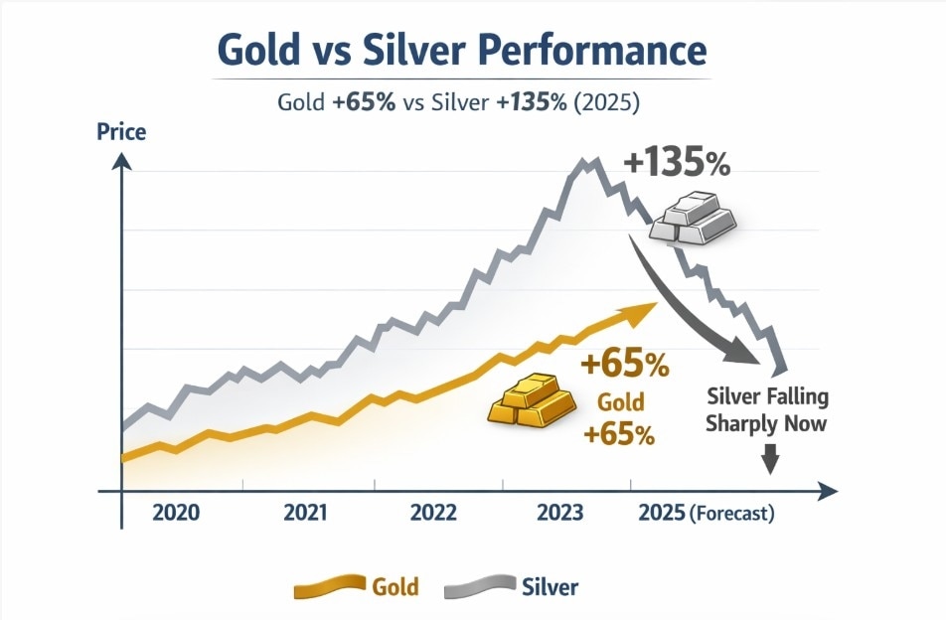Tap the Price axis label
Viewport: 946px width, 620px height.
pos(121,132)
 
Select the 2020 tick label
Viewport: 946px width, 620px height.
pos(176,514)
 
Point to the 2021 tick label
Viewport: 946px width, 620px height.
pos(306,514)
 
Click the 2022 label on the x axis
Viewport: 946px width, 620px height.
pos(433,514)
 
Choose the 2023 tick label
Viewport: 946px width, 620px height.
pos(561,514)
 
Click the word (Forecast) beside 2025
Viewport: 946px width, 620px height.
pos(731,515)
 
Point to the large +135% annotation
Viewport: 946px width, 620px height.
pos(678,164)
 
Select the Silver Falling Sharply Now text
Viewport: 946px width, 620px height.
pos(766,410)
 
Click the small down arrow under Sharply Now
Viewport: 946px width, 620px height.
pos(770,460)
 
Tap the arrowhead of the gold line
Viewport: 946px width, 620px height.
pos(646,308)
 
